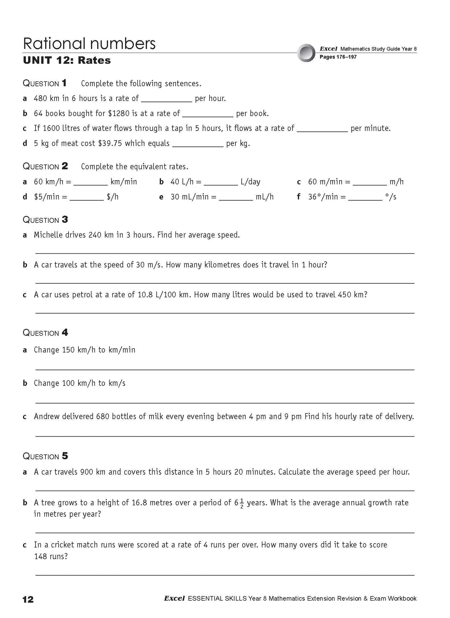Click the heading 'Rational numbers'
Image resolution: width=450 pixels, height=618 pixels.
89,44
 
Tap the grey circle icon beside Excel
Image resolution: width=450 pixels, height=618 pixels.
306,53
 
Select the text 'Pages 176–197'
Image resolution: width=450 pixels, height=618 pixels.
338,57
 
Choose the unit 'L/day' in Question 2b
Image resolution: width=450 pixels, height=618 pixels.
250,182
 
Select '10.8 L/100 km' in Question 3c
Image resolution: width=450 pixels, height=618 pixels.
163,295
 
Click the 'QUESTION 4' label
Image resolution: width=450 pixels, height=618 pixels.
45,333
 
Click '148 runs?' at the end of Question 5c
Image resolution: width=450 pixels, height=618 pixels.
51,556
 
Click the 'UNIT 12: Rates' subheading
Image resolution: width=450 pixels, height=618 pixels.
67,60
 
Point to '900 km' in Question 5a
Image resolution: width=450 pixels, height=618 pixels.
93,472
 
